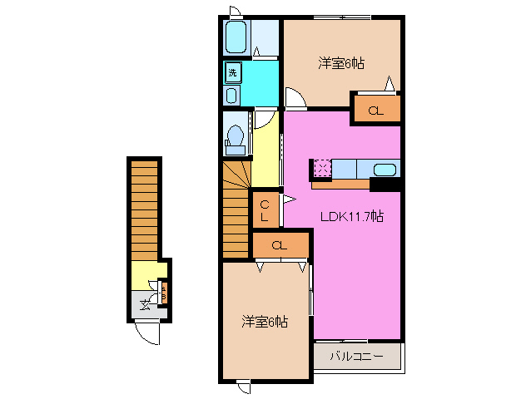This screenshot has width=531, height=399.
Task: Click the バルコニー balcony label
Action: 356,356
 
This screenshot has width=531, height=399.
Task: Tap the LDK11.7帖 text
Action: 352,216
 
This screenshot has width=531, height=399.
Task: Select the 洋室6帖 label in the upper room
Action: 342,62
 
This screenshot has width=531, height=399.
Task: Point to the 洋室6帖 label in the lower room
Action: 265,321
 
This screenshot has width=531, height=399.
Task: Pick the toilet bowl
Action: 236,136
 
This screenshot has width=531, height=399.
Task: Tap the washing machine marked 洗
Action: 233,73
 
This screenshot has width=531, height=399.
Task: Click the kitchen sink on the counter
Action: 385,170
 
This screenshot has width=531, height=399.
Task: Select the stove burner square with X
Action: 322,169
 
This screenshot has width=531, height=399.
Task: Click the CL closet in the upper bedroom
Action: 375,110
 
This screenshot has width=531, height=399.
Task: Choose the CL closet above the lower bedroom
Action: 280,245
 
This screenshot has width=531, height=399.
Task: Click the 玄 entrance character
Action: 144,304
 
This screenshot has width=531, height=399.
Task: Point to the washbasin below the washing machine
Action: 232,96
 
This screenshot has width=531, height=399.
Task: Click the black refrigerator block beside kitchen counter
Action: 385,185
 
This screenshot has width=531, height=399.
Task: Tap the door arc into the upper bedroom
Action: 295,97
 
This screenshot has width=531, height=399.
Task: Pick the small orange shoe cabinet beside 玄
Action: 163,293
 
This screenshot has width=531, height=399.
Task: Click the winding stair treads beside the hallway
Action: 236,187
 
